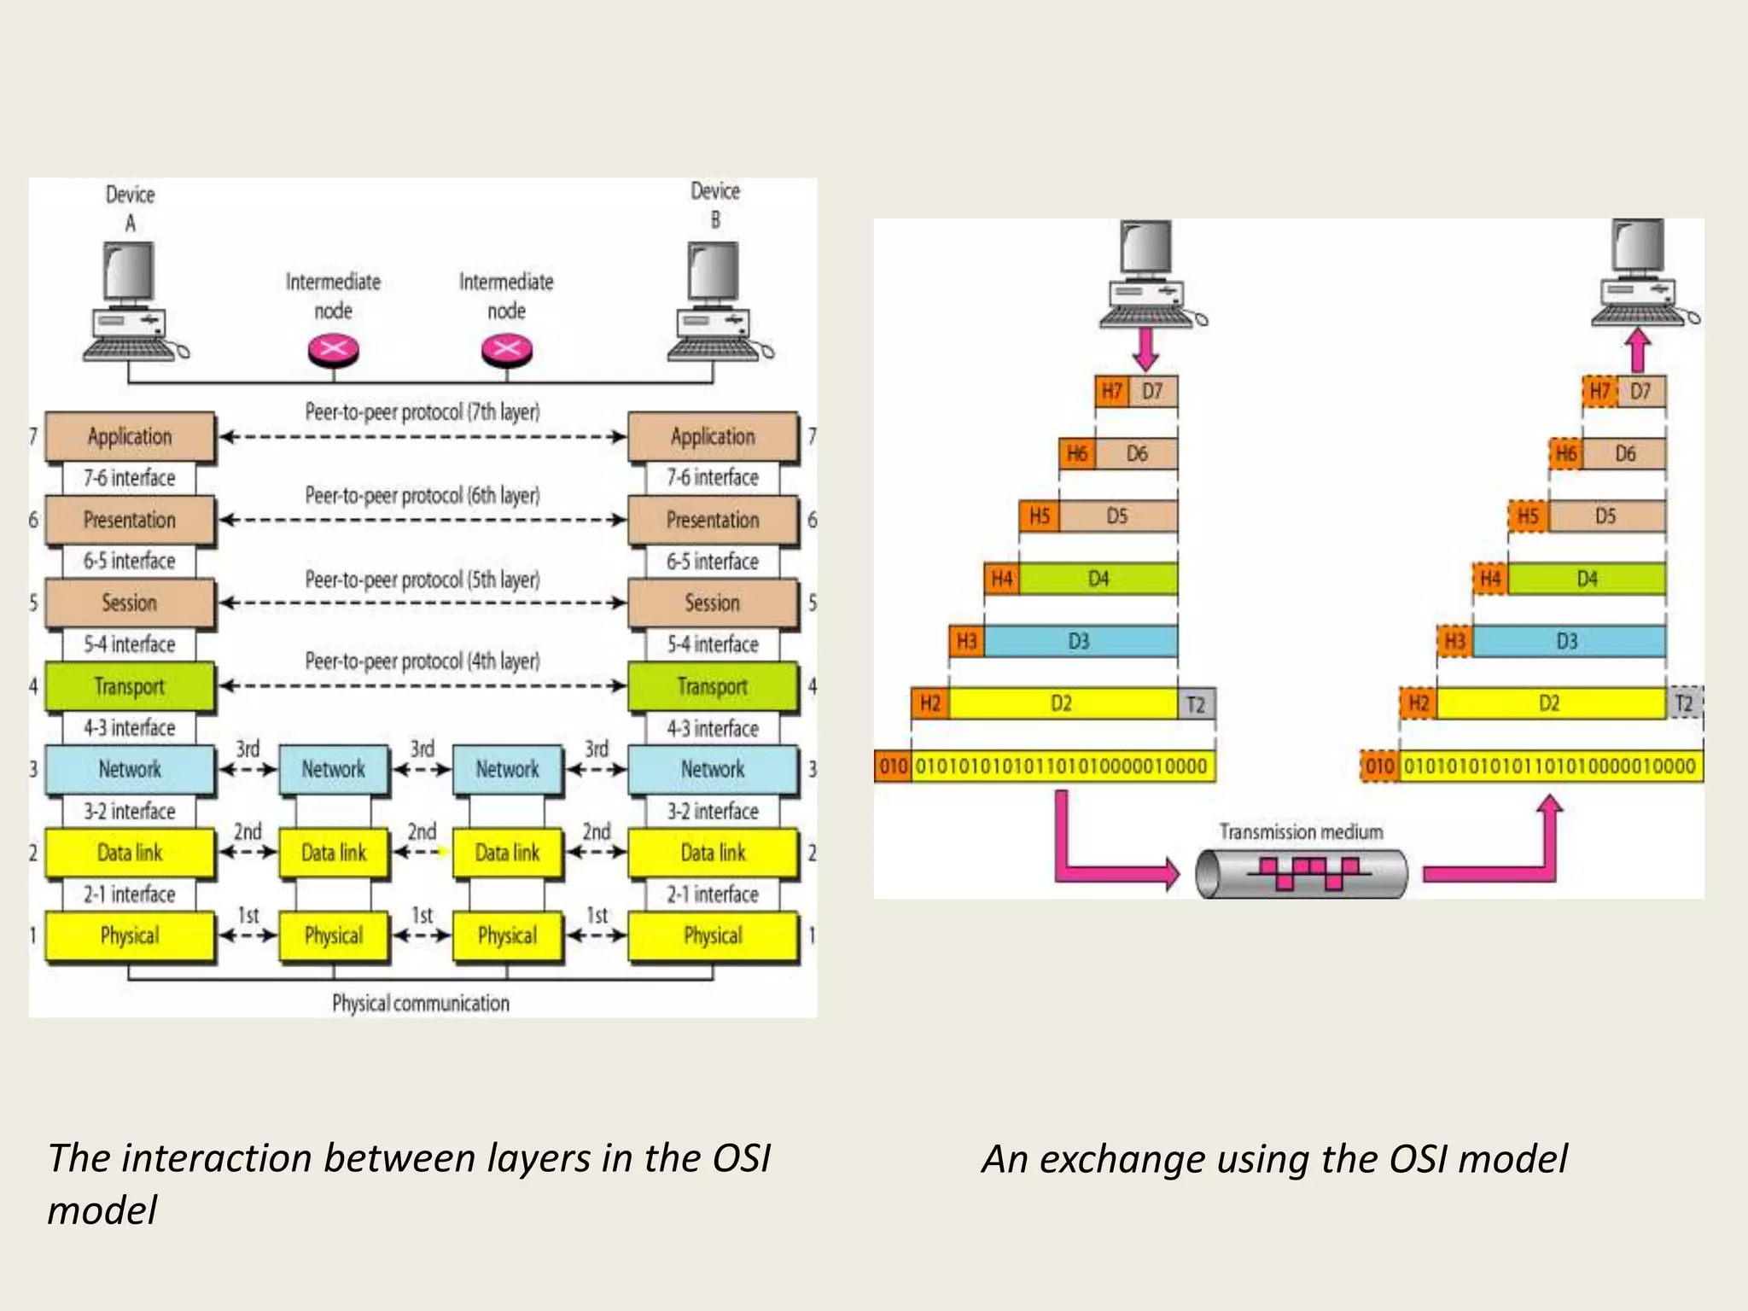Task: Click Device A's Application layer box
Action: (x=129, y=437)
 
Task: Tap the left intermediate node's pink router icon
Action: (x=333, y=349)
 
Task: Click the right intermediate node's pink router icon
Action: (x=507, y=349)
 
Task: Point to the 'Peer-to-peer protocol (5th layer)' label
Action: (x=422, y=580)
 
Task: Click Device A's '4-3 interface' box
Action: (x=129, y=728)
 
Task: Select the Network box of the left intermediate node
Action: (x=333, y=769)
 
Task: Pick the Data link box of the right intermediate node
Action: (x=507, y=853)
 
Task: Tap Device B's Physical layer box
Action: (x=713, y=936)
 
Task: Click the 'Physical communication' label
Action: (x=421, y=1003)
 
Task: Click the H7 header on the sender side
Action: (x=1111, y=392)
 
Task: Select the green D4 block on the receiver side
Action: (x=1586, y=579)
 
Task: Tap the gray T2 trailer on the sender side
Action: (x=1196, y=704)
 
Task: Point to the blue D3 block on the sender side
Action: (x=1080, y=641)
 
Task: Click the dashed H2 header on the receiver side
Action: (x=1418, y=703)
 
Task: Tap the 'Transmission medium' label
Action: (x=1301, y=831)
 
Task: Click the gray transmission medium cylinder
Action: (x=1301, y=873)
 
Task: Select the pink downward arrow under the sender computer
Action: (x=1146, y=348)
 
